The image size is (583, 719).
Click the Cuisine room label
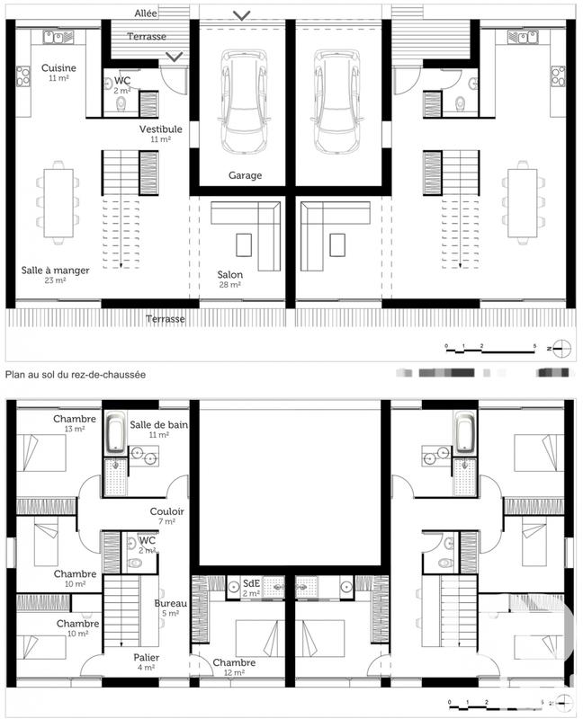(x=58, y=68)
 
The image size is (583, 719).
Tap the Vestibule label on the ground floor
(x=160, y=129)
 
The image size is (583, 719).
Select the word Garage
(x=245, y=175)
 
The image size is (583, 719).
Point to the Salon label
(x=229, y=275)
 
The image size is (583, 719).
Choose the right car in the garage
(x=336, y=101)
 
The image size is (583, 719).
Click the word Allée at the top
(x=146, y=14)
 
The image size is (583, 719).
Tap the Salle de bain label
(x=155, y=424)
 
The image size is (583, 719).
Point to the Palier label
(x=146, y=657)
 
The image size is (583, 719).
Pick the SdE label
(x=251, y=583)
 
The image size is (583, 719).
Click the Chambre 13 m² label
(x=75, y=419)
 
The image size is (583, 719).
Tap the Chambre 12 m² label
(x=234, y=663)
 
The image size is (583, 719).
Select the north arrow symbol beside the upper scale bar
(x=559, y=346)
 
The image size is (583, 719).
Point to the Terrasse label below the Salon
(x=168, y=319)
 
